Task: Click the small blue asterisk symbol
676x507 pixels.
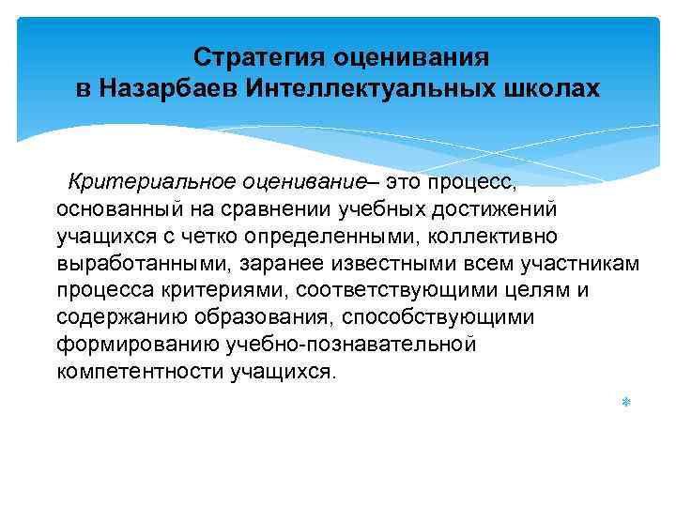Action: point(624,402)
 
